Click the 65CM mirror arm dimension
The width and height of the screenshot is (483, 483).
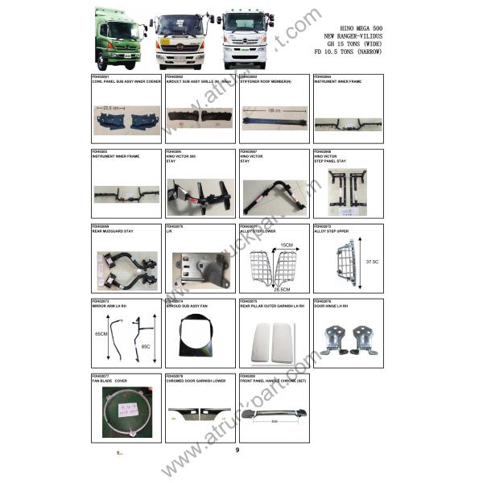coord(99,333)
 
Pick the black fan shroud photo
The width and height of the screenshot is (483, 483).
coord(200,336)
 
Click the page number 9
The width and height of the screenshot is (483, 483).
coord(237,449)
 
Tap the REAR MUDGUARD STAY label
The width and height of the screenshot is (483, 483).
coord(114,231)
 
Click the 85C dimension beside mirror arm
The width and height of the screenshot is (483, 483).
coord(146,347)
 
